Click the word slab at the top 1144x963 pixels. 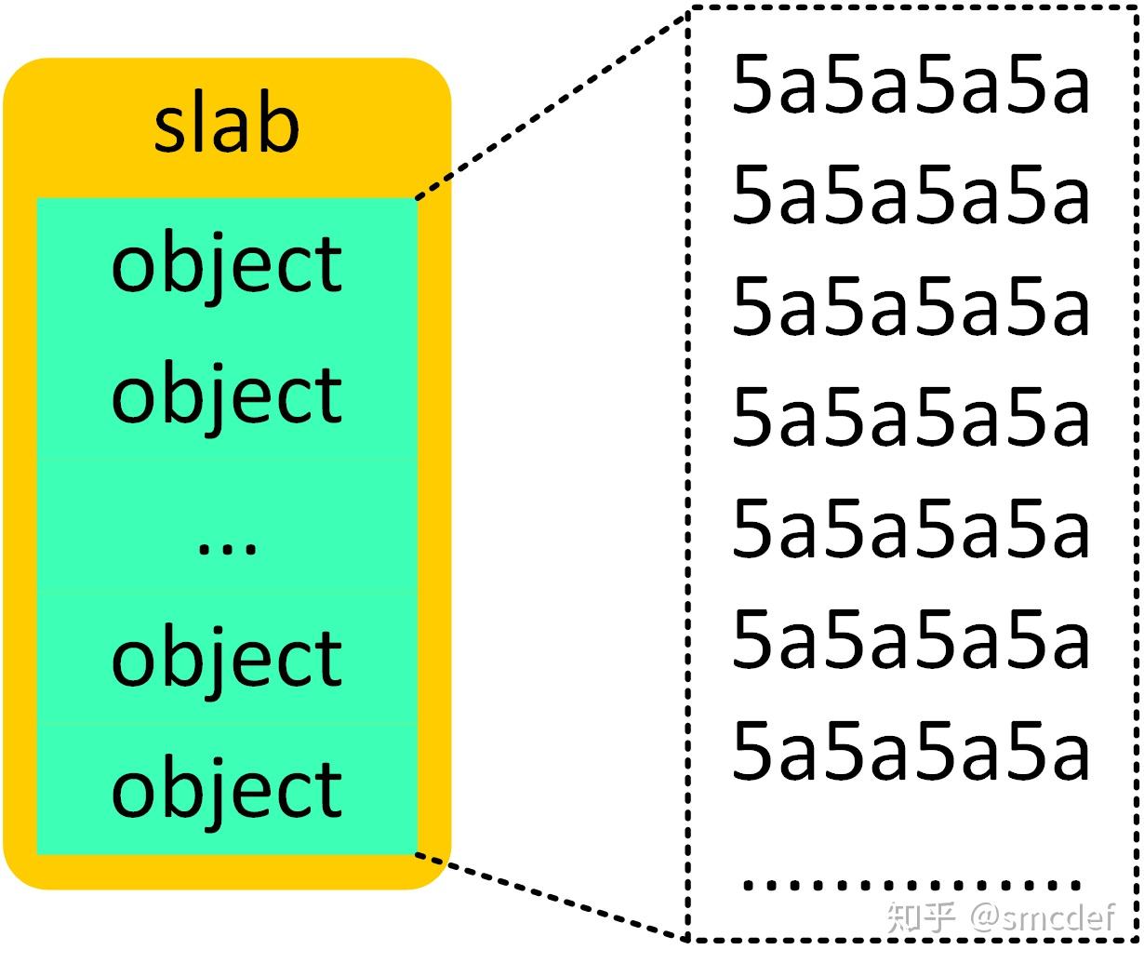click(226, 126)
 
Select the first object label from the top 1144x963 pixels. click(226, 265)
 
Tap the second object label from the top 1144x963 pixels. click(226, 395)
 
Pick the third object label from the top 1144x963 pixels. click(226, 659)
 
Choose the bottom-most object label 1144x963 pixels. click(226, 789)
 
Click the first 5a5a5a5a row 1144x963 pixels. click(910, 86)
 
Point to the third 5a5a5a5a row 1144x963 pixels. click(910, 307)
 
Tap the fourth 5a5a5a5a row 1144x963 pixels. click(910, 418)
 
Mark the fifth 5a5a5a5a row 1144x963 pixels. click(910, 528)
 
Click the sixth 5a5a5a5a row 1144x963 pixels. click(910, 640)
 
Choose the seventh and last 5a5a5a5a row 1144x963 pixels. click(910, 751)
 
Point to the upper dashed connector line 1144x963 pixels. click(551, 105)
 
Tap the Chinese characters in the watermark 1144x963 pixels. click(921, 918)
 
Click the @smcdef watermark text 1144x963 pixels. click(1042, 918)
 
